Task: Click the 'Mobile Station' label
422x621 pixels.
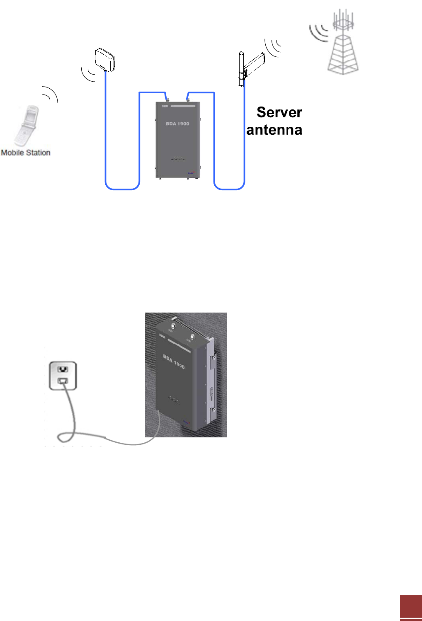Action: [26, 153]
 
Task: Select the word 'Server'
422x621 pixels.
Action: [279, 112]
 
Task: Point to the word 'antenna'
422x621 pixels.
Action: [274, 130]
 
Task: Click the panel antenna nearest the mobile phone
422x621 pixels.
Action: [104, 60]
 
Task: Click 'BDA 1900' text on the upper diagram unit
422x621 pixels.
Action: [177, 124]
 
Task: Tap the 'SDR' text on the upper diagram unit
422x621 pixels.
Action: [165, 107]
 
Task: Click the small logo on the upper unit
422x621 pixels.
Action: [191, 173]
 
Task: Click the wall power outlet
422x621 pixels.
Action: [63, 375]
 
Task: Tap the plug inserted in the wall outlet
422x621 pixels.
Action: [63, 381]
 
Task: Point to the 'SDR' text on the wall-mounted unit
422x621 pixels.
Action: [162, 336]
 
